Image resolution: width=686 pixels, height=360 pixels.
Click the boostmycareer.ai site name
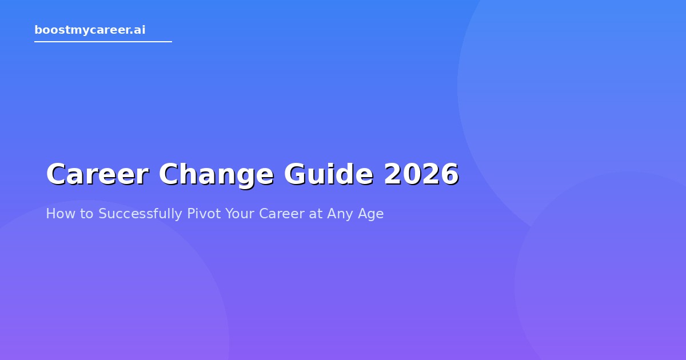[90, 30]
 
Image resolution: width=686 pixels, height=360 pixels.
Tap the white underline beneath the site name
[103, 42]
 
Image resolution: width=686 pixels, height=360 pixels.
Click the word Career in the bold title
[97, 174]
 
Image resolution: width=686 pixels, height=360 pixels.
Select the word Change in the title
[216, 174]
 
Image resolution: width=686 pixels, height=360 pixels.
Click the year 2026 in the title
[421, 174]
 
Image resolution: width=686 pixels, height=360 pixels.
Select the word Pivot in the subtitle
[204, 214]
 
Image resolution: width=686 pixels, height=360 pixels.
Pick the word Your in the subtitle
[240, 214]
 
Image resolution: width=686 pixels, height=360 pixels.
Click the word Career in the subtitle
[282, 214]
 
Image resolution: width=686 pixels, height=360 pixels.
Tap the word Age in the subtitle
[371, 214]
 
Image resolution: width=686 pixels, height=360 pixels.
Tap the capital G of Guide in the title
[295, 174]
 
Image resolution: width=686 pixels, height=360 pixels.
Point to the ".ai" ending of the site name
[138, 30]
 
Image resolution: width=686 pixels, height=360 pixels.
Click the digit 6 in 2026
[449, 174]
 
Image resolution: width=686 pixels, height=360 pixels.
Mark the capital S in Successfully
[102, 214]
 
